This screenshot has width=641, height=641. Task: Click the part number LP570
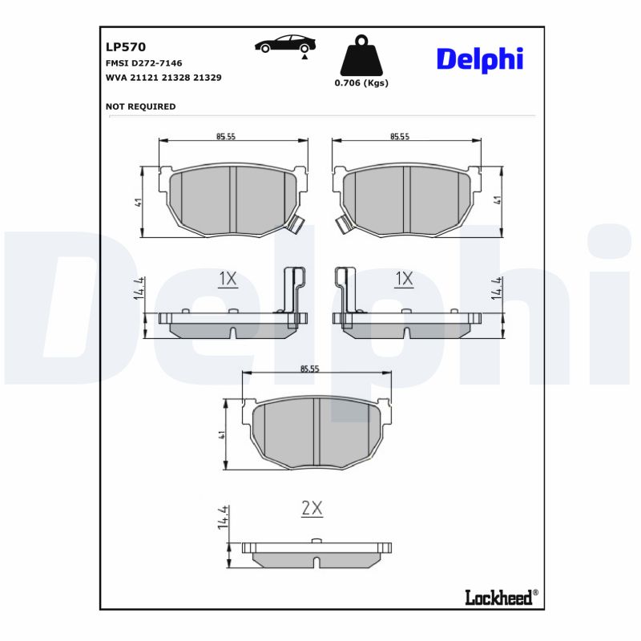125,47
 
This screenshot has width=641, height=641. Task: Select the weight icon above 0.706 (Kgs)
361,56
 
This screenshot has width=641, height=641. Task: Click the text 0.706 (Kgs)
361,83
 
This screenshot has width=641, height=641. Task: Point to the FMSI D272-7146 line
144,62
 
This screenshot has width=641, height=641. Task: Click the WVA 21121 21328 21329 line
163,78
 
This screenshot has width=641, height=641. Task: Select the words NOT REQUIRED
140,107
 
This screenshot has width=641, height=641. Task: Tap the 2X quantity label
311,507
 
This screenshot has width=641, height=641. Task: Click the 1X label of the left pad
228,279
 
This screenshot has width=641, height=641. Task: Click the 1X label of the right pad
404,279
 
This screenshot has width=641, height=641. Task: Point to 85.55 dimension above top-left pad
225,137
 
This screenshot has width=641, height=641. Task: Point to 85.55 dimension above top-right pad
400,137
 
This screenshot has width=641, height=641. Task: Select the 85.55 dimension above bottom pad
310,369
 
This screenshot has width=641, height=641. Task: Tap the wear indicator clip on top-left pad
295,225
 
